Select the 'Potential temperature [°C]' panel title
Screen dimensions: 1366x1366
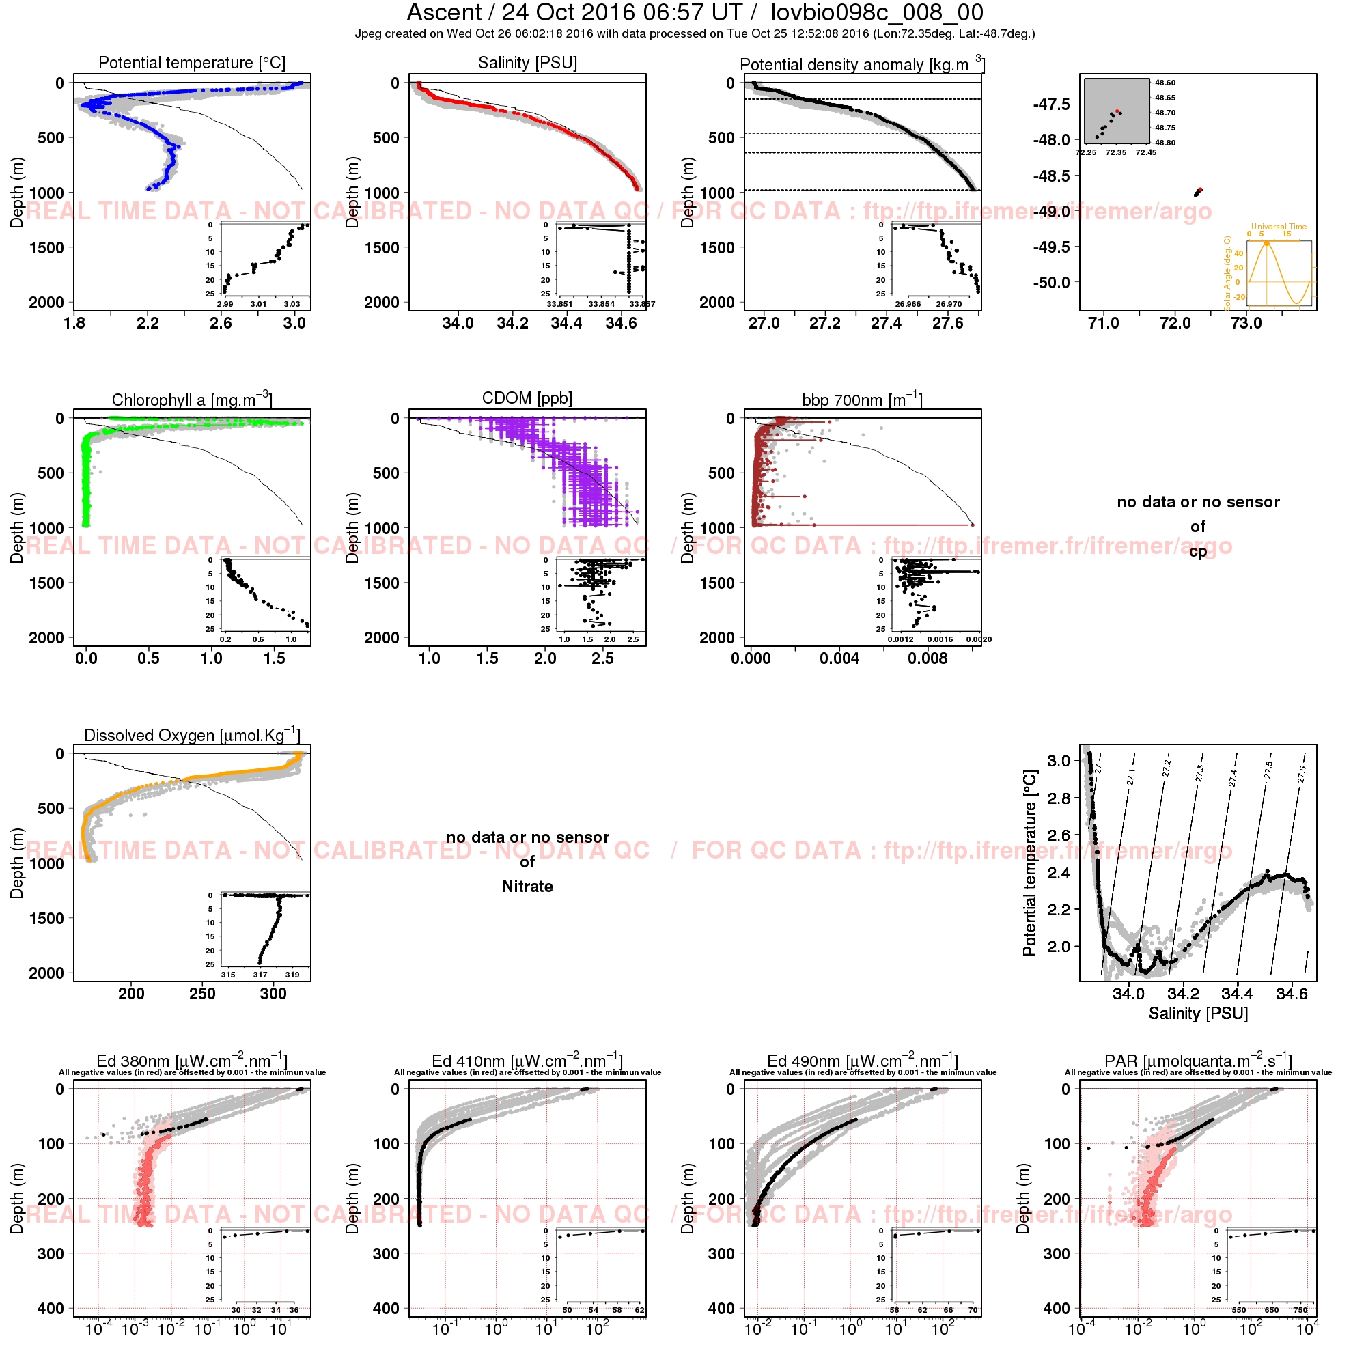coord(192,63)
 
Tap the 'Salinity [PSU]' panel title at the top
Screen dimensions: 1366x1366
coord(527,63)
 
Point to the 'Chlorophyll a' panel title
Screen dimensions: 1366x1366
coord(192,400)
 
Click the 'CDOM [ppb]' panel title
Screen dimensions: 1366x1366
coord(527,398)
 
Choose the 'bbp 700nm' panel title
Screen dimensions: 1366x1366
coord(862,400)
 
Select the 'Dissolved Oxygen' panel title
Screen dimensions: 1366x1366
coord(192,735)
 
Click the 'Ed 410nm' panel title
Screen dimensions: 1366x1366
coord(527,1061)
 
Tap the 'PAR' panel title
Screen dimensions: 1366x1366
coord(1198,1061)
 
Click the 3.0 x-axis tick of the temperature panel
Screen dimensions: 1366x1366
coord(294,323)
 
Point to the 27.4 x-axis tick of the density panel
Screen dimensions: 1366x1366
coord(886,323)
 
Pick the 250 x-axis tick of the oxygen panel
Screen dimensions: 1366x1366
coord(202,993)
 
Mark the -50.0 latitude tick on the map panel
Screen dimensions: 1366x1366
coord(1051,283)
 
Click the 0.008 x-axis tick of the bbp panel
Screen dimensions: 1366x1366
coord(928,658)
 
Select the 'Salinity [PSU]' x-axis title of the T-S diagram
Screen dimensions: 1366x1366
coord(1198,1013)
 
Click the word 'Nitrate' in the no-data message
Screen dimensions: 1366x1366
coord(527,886)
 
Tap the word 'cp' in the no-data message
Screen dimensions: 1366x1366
coord(1198,550)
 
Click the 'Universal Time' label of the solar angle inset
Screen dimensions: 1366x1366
coord(1279,227)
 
